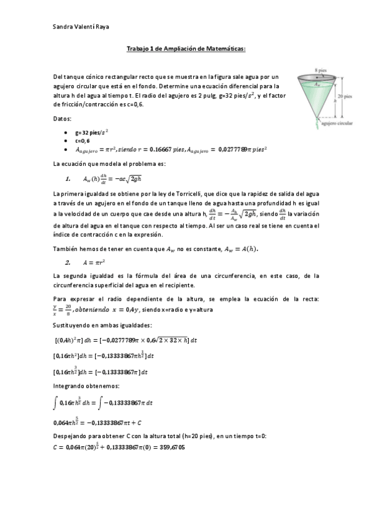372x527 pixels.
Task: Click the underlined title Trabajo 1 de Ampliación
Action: [x=186, y=48]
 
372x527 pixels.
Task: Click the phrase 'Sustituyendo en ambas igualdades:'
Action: [x=102, y=325]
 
